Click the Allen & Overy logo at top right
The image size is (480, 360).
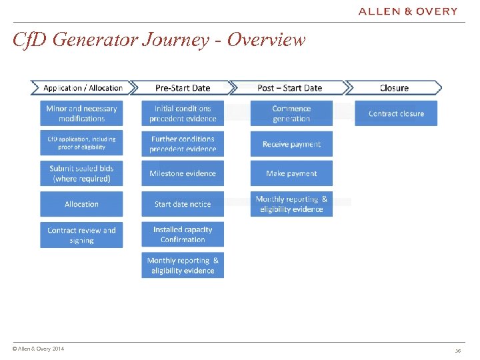(408, 11)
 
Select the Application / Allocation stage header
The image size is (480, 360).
(81, 88)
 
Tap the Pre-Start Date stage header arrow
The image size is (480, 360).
(182, 88)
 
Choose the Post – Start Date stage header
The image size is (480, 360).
(289, 88)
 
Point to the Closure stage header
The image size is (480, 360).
(394, 88)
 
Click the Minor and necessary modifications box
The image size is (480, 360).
(81, 113)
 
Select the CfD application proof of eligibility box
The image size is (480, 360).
(81, 143)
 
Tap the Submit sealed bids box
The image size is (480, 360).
(81, 173)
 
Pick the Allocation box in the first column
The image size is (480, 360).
(81, 204)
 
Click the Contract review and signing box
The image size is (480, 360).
(81, 235)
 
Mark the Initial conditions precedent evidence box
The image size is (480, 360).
(183, 113)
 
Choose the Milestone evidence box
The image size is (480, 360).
(183, 173)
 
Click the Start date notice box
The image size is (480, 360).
(183, 204)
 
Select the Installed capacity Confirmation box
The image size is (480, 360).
(183, 234)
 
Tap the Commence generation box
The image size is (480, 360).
(291, 113)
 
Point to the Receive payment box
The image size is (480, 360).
(291, 144)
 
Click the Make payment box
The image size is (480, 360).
(291, 173)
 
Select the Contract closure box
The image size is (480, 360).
(396, 113)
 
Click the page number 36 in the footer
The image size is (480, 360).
(458, 351)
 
